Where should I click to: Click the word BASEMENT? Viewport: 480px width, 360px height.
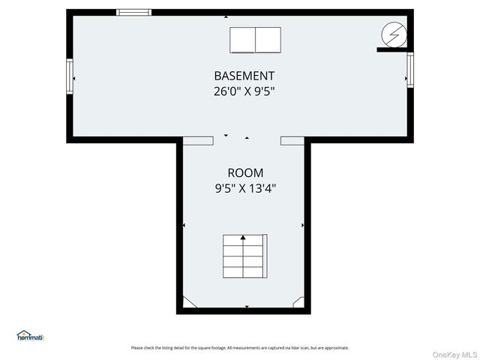coord(244,76)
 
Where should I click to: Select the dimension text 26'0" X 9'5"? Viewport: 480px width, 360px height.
coord(244,92)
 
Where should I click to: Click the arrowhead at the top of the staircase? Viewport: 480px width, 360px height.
coord(244,238)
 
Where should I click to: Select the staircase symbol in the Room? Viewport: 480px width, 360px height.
coord(244,256)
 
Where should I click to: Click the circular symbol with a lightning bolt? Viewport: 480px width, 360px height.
coord(392,34)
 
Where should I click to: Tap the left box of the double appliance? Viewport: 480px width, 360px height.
coord(242,40)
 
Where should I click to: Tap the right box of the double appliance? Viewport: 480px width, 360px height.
coord(268,40)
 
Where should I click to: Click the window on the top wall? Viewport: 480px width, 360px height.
coord(133,12)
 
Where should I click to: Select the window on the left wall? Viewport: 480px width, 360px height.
coord(70,75)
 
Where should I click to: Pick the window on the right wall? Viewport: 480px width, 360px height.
coord(409,70)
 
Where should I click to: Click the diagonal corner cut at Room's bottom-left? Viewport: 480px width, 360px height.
coord(190,301)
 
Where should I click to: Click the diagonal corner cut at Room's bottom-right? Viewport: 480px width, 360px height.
coord(298,301)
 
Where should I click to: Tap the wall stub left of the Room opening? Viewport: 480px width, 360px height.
coord(198,140)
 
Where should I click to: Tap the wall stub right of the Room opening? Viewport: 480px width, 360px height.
coord(292,140)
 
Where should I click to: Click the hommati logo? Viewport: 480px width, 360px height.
coord(31,336)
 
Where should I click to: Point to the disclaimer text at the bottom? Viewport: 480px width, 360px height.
coord(240,347)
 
